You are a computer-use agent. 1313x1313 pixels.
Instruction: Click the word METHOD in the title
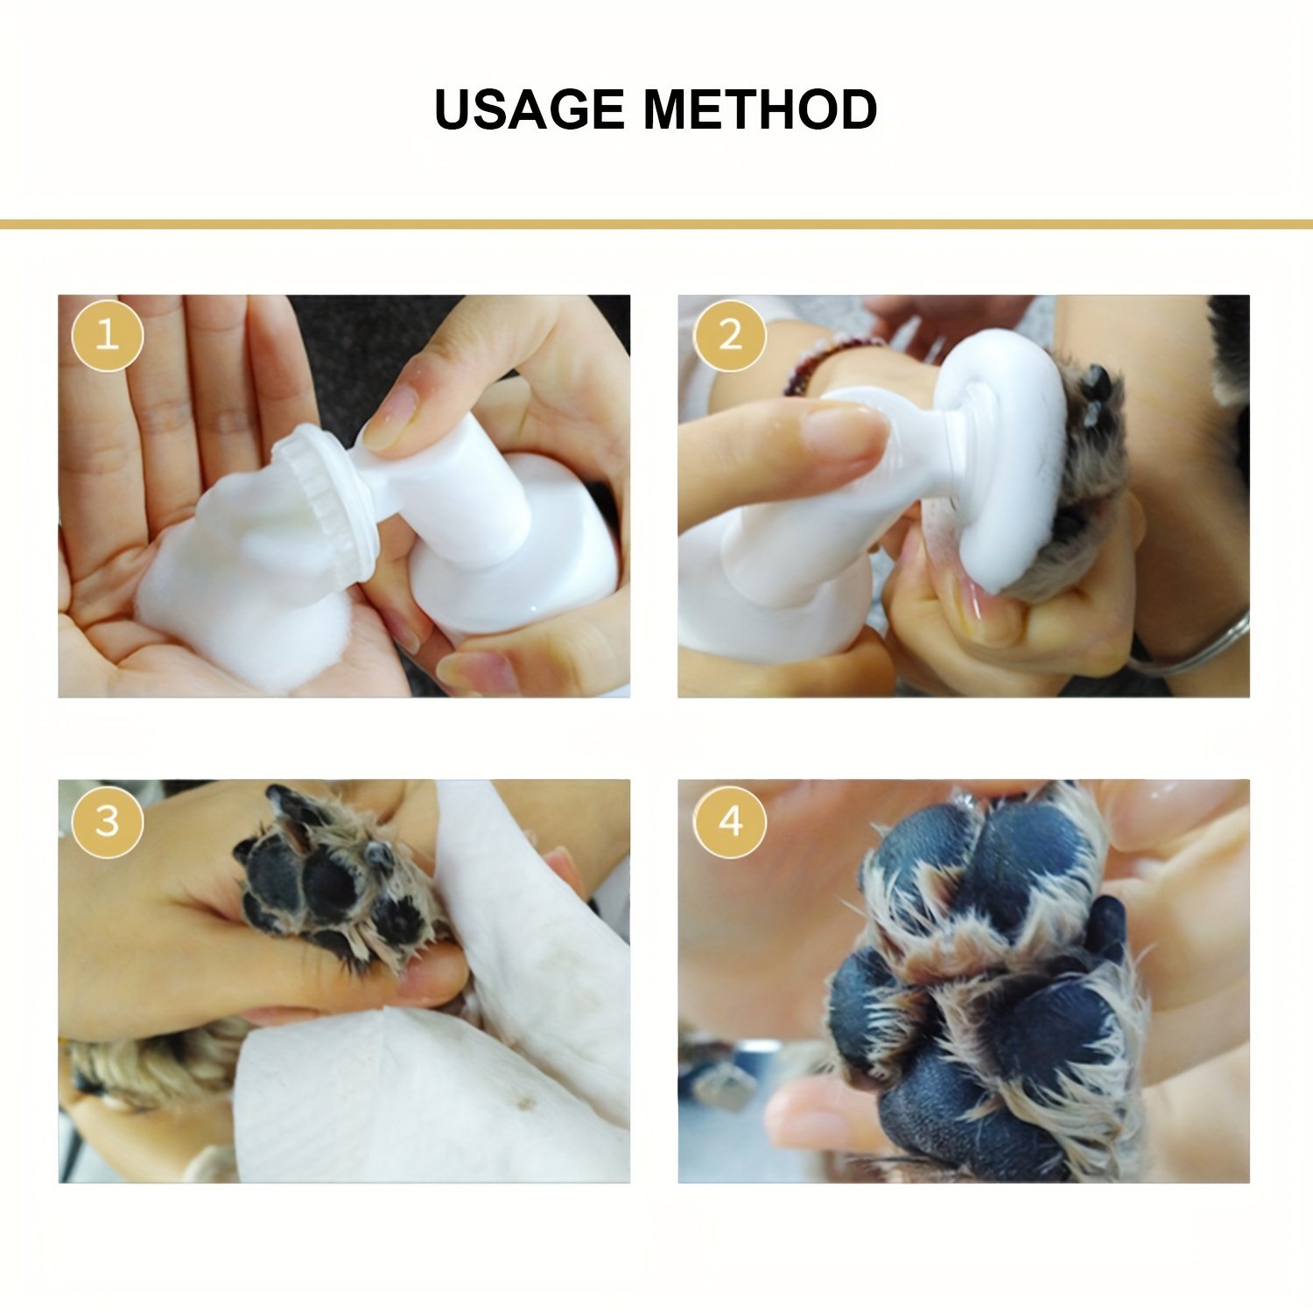pyautogui.click(x=760, y=109)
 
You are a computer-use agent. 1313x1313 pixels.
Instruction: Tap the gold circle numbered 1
pyautogui.click(x=107, y=335)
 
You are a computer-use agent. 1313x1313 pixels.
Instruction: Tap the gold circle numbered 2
pyautogui.click(x=730, y=335)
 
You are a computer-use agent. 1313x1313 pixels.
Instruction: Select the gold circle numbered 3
pyautogui.click(x=107, y=821)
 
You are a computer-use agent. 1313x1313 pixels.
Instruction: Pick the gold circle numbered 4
pyautogui.click(x=730, y=821)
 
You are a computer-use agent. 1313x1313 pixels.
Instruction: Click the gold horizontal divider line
pyautogui.click(x=656, y=225)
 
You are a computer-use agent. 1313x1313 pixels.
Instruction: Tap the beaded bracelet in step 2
pyautogui.click(x=827, y=359)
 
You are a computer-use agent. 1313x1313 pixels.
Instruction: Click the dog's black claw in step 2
pyautogui.click(x=1094, y=385)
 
